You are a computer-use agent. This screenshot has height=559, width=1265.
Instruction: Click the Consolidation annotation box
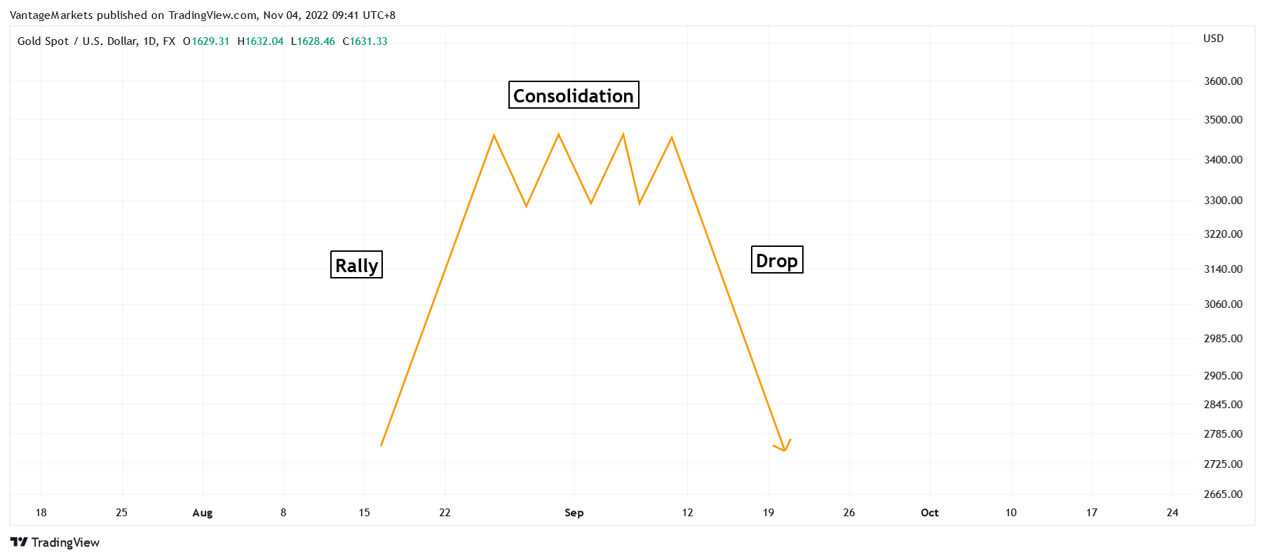point(573,95)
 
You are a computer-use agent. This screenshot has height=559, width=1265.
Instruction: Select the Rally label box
point(356,265)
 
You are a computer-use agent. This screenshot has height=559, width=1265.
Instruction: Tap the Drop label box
point(776,260)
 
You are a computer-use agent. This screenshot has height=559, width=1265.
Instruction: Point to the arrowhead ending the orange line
point(784,449)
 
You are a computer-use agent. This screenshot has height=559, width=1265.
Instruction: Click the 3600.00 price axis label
point(1222,81)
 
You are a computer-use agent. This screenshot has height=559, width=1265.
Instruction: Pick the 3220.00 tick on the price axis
point(1222,234)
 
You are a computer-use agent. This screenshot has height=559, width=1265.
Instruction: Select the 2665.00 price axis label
point(1222,494)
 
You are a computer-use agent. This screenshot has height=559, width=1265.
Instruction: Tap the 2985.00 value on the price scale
point(1222,339)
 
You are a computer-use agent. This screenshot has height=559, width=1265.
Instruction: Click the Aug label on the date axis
point(203,513)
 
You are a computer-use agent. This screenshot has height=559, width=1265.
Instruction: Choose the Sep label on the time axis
point(574,513)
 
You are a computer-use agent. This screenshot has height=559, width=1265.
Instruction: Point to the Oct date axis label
point(929,513)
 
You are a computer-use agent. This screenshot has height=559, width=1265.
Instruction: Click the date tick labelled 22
point(445,513)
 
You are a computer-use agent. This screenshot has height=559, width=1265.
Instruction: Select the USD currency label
point(1213,39)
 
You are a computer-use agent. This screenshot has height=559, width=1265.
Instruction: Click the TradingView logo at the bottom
point(55,542)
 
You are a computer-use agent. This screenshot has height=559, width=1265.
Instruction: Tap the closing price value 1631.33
point(368,41)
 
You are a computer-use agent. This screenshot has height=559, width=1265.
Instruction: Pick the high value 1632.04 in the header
point(264,41)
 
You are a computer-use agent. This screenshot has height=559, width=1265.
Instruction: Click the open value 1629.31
point(210,41)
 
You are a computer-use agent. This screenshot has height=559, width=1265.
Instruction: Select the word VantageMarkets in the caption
point(51,15)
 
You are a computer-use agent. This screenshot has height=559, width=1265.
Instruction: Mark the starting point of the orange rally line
point(381,445)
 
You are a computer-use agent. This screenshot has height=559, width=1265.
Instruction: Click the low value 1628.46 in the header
point(316,41)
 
